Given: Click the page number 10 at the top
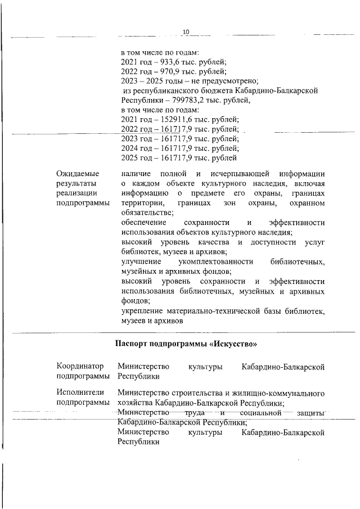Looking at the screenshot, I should tap(186, 31).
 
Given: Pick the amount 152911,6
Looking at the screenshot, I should tap(171, 119).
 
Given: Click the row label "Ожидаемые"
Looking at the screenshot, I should tap(78, 173).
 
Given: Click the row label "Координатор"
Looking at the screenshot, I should tap(80, 367).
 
